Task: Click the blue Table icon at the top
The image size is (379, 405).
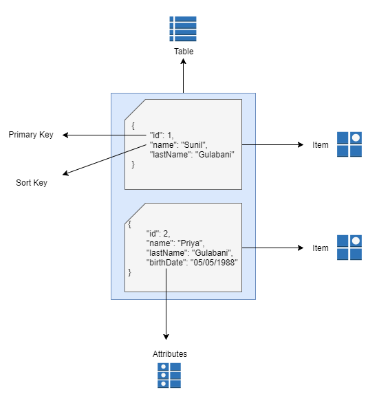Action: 183,29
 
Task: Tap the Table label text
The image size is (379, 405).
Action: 184,52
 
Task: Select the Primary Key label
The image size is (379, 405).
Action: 31,135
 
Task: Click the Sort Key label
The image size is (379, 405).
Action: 32,183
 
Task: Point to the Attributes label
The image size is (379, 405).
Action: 170,354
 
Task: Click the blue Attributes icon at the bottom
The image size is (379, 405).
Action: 169,375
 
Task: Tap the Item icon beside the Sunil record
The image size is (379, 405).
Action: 349,144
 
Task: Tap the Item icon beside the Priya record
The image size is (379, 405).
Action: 349,248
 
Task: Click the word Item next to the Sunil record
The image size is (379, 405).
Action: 321,145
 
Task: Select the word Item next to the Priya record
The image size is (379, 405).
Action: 321,248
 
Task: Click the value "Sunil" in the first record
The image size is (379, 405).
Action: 194,145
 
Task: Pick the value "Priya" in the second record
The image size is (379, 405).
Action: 191,243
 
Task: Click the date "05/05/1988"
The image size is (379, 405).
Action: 214,263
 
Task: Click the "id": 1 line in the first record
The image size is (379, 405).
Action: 162,135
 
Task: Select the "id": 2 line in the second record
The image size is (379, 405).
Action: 158,234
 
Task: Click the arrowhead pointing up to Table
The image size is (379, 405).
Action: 183,61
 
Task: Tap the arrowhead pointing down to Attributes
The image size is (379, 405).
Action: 166,336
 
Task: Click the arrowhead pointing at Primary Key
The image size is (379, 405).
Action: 65,135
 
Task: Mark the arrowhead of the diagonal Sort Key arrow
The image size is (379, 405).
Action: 65,173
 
